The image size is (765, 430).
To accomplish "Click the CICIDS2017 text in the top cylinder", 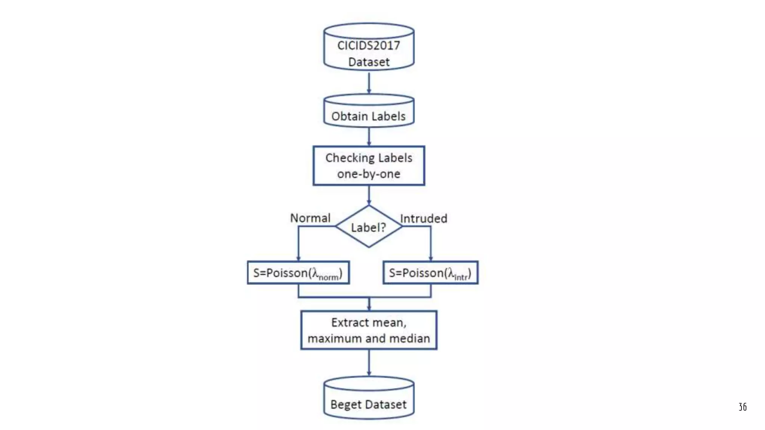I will [x=368, y=46].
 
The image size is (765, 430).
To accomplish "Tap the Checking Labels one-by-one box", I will [x=369, y=166].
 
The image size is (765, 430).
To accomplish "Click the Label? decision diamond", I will [x=369, y=227].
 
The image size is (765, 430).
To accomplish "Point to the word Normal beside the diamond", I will [x=310, y=218].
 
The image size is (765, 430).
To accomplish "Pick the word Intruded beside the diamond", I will [x=424, y=218].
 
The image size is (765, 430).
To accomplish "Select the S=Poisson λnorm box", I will [x=298, y=273].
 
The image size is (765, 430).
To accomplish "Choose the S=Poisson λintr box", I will [x=430, y=273].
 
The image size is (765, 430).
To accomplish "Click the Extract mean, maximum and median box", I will [x=369, y=330].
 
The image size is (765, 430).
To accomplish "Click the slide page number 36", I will [x=743, y=407].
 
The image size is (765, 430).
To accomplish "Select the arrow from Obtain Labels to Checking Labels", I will [x=369, y=136].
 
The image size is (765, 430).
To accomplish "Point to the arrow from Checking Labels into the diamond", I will [x=369, y=195].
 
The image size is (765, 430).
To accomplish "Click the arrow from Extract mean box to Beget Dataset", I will [x=369, y=362].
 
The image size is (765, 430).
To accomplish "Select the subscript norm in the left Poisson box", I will [x=329, y=277].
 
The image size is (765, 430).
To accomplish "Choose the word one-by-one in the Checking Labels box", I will [x=369, y=174].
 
